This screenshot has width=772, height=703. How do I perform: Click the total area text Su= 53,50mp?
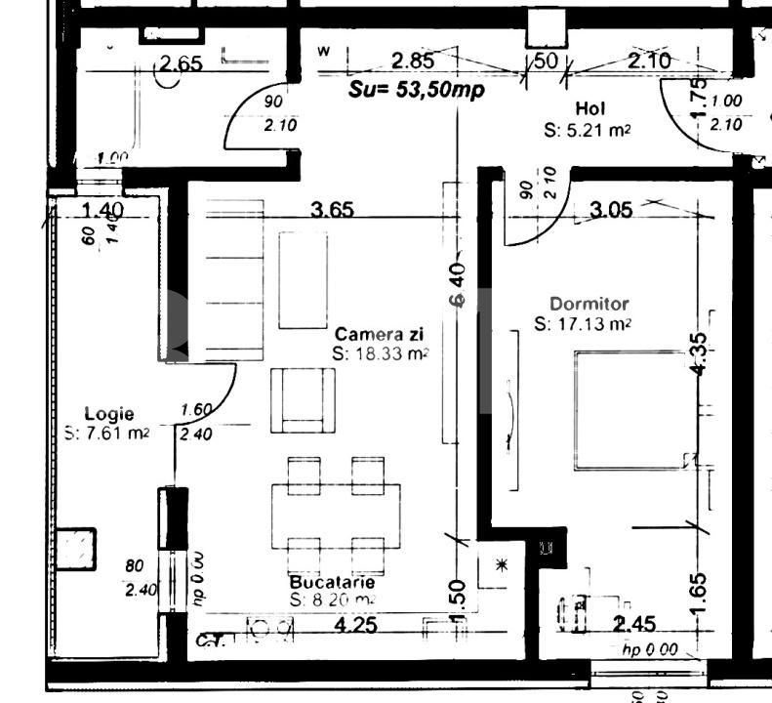[418, 88]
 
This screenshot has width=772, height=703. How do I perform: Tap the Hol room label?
[591, 108]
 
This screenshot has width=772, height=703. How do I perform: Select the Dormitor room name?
[589, 305]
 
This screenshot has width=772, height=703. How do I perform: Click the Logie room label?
[108, 414]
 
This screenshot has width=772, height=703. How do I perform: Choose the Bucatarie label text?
[332, 582]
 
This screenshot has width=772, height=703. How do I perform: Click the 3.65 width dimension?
[332, 209]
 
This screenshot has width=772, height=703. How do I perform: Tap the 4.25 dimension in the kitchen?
[355, 625]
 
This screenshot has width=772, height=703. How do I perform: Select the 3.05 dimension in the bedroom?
[611, 208]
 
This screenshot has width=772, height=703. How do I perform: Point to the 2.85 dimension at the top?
[411, 61]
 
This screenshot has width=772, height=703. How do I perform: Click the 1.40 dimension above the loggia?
[102, 209]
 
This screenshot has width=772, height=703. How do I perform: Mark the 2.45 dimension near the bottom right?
[634, 623]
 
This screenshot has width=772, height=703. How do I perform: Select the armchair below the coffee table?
[303, 400]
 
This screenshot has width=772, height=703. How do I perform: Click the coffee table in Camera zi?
[303, 280]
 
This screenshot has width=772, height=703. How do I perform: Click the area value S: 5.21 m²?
[586, 129]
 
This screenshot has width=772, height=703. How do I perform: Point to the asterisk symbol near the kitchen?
[503, 564]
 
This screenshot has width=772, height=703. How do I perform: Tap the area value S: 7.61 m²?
[106, 434]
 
